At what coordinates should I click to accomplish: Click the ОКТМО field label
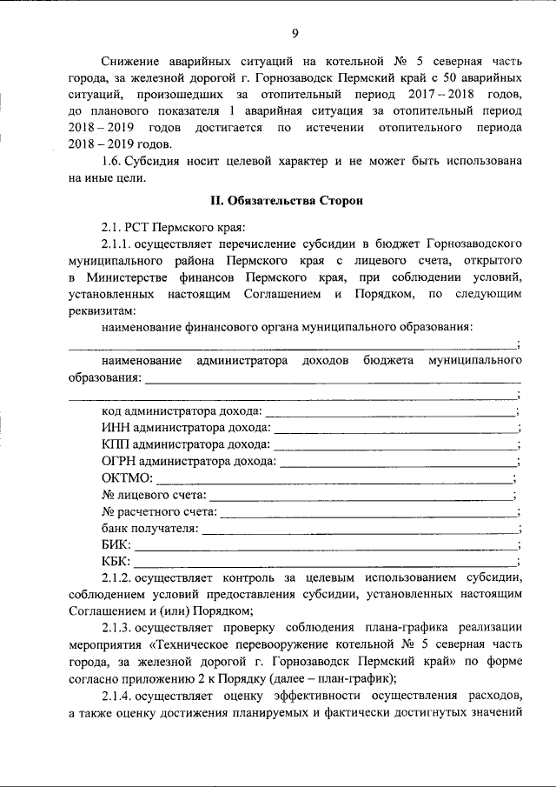128,477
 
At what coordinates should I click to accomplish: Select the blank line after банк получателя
360,529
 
